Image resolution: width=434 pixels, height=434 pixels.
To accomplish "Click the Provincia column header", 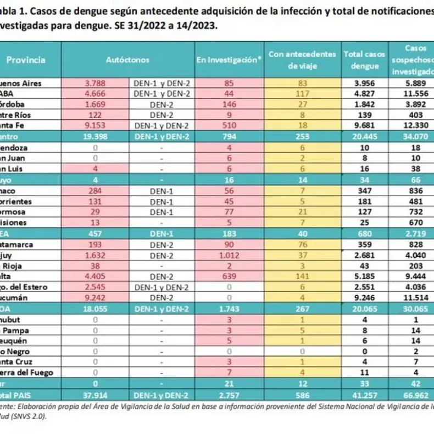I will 27,60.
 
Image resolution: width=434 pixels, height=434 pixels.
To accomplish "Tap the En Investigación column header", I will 229,60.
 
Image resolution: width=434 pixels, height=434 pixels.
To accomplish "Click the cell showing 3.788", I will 99,83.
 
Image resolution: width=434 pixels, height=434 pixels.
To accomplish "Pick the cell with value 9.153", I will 99,126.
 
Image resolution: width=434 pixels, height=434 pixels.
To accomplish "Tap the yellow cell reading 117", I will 302,94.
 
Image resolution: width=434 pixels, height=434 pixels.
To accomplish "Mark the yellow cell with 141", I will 302,276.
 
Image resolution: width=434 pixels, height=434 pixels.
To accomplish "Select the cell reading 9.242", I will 99,297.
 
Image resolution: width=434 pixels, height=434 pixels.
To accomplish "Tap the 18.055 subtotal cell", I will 99,308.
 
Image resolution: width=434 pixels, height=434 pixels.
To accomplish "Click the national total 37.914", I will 99,394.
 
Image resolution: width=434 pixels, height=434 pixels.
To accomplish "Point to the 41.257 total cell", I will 365,394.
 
